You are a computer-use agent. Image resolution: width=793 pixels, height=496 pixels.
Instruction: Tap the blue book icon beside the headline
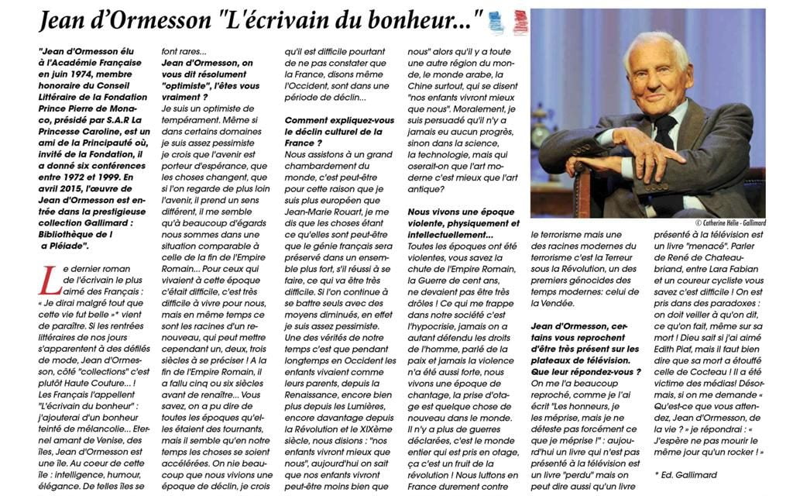click(496, 22)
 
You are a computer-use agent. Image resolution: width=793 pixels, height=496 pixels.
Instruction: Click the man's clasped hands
click(620, 154)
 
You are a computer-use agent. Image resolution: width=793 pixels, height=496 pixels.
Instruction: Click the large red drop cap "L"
click(48, 282)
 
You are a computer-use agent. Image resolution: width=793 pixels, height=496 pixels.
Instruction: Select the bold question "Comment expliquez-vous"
click(328, 120)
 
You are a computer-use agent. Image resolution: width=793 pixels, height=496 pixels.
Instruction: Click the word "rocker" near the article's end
click(733, 451)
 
